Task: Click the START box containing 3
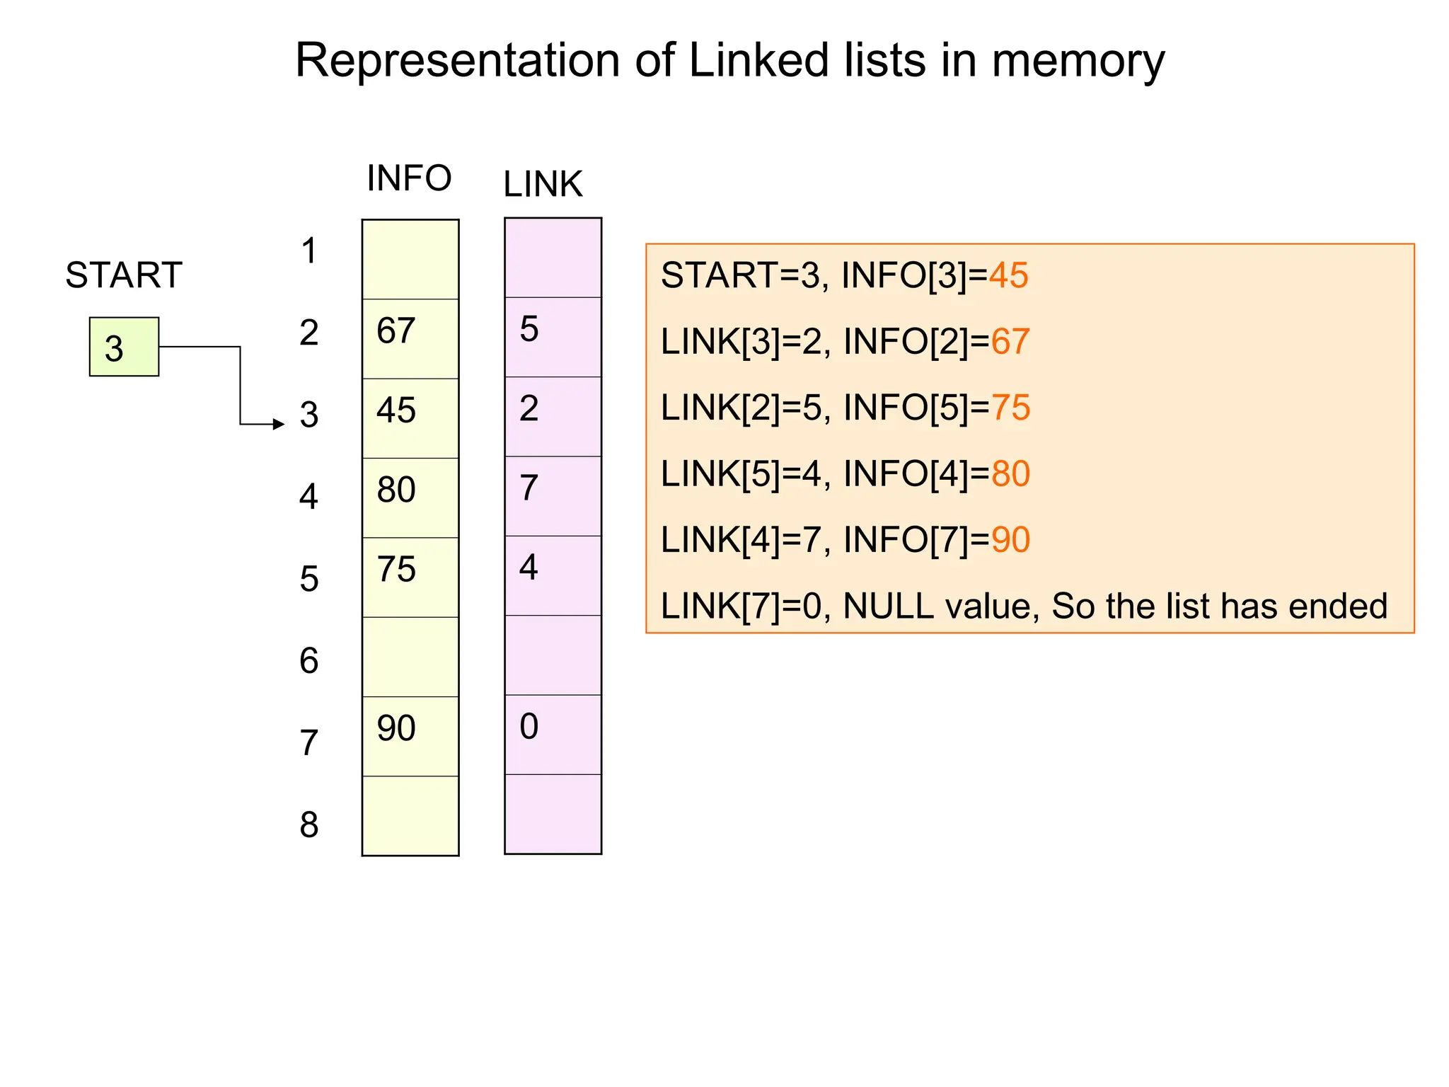pyautogui.click(x=124, y=347)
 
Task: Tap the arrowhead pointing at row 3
pyautogui.click(x=279, y=424)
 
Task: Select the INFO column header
pyautogui.click(x=409, y=178)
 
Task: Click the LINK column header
pyautogui.click(x=543, y=184)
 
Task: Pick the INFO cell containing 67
pyautogui.click(x=410, y=338)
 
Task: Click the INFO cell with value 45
pyautogui.click(x=410, y=418)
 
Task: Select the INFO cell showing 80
pyautogui.click(x=410, y=497)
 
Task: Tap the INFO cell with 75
pyautogui.click(x=410, y=577)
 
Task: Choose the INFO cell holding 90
pyautogui.click(x=410, y=736)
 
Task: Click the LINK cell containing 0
pyautogui.click(x=553, y=734)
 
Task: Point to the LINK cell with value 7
pyautogui.click(x=553, y=495)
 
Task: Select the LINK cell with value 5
pyautogui.click(x=553, y=336)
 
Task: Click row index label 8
pyautogui.click(x=309, y=824)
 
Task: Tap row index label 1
pyautogui.click(x=309, y=251)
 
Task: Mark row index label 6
pyautogui.click(x=309, y=660)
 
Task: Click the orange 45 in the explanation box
pyautogui.click(x=1008, y=275)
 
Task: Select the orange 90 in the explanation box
pyautogui.click(x=1010, y=540)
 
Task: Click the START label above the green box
pyautogui.click(x=124, y=275)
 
